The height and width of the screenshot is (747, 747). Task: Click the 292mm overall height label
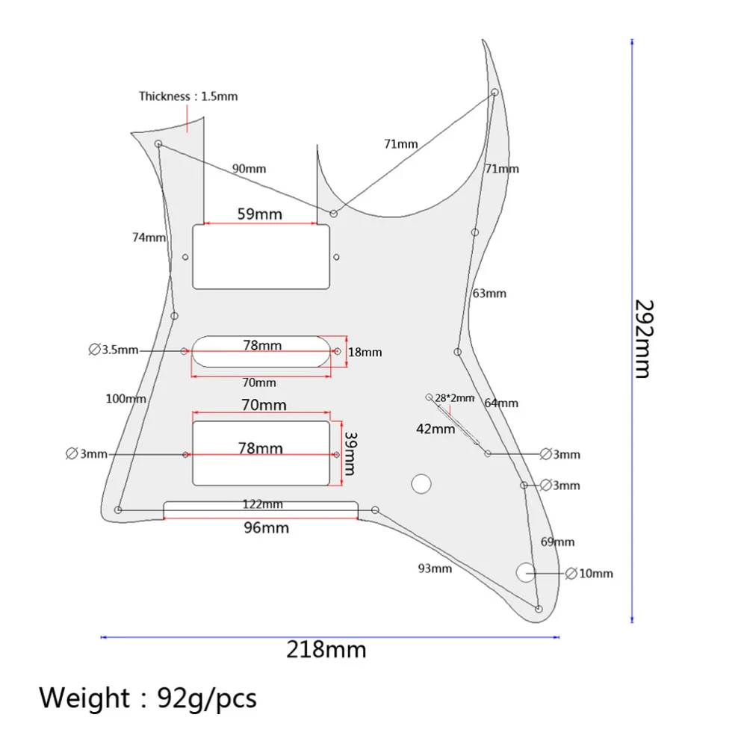[x=644, y=339]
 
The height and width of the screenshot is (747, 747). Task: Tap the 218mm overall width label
[x=326, y=649]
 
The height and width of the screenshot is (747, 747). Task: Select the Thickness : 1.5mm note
[x=188, y=96]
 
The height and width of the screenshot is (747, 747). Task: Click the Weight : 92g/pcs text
[x=148, y=698]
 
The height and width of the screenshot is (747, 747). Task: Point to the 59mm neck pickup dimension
[x=260, y=214]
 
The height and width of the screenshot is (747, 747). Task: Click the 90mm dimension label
[x=249, y=169]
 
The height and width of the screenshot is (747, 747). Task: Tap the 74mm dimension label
[x=149, y=238]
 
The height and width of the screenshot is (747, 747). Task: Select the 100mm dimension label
[x=125, y=399]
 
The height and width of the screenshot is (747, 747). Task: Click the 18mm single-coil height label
[x=365, y=352]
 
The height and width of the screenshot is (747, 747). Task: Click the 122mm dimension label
[x=261, y=504]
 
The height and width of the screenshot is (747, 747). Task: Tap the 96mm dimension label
[x=267, y=528]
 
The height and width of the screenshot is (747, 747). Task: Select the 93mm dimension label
[x=436, y=568]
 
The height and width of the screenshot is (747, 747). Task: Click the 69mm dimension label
[x=557, y=542]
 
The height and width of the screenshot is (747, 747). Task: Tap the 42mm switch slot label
[x=436, y=429]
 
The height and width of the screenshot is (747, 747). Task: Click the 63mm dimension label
[x=489, y=294]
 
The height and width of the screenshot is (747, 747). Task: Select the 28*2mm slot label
[x=454, y=398]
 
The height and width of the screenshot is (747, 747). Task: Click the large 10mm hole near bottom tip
[x=526, y=572]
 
